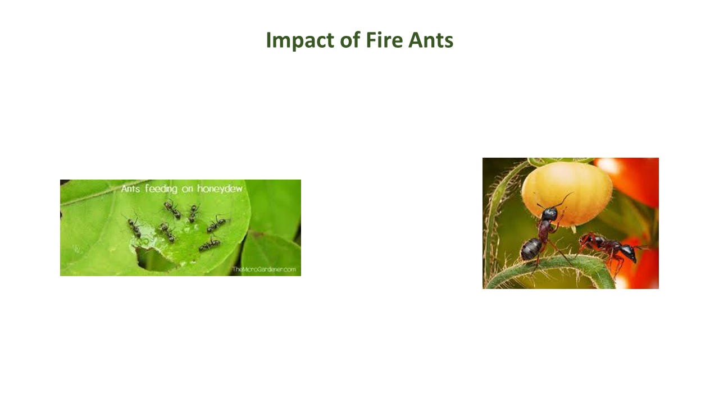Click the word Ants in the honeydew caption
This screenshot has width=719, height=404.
[131, 189]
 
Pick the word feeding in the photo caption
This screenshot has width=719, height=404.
[161, 189]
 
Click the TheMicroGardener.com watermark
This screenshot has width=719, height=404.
[264, 270]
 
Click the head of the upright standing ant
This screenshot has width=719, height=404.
[549, 213]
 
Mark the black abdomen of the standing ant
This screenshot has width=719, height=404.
[530, 249]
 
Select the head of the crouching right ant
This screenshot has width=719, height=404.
[627, 253]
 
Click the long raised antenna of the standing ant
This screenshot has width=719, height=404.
[566, 199]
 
